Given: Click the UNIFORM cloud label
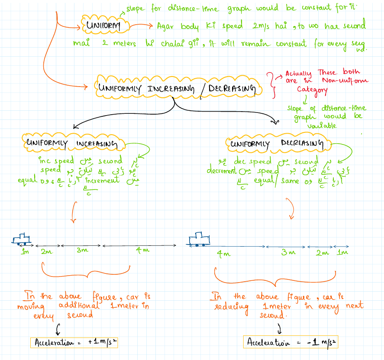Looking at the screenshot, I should click(x=103, y=26).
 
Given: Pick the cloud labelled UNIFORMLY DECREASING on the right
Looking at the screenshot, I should click(x=277, y=143).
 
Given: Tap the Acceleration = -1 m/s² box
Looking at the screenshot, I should click(x=291, y=342).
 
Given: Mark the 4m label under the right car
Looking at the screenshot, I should click(x=223, y=254).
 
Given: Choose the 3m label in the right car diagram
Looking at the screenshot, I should click(x=288, y=253).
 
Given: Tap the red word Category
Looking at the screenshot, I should click(x=311, y=90).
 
